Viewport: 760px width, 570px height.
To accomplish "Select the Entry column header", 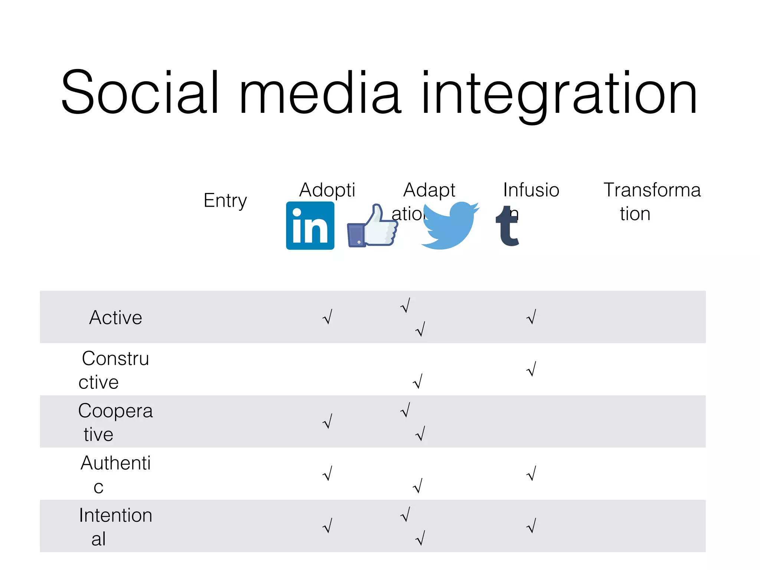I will point(225,201).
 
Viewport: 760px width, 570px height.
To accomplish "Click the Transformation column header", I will point(652,201).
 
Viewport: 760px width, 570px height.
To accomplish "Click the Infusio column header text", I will point(531,190).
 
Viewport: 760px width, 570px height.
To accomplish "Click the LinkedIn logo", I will point(310,226).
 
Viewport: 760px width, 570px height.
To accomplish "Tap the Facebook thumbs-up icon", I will point(372,226).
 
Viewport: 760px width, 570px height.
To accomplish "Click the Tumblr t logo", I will point(507,226).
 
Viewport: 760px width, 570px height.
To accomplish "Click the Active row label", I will point(116,318).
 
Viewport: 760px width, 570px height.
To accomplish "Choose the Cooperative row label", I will point(115,422).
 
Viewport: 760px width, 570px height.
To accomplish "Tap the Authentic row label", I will point(115,474).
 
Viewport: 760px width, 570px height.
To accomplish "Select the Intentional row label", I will point(115,527).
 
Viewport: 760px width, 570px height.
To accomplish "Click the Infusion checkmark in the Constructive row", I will point(531,369).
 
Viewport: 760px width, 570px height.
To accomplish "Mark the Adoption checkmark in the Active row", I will point(327,317).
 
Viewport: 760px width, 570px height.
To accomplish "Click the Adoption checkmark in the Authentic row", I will point(327,474).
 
